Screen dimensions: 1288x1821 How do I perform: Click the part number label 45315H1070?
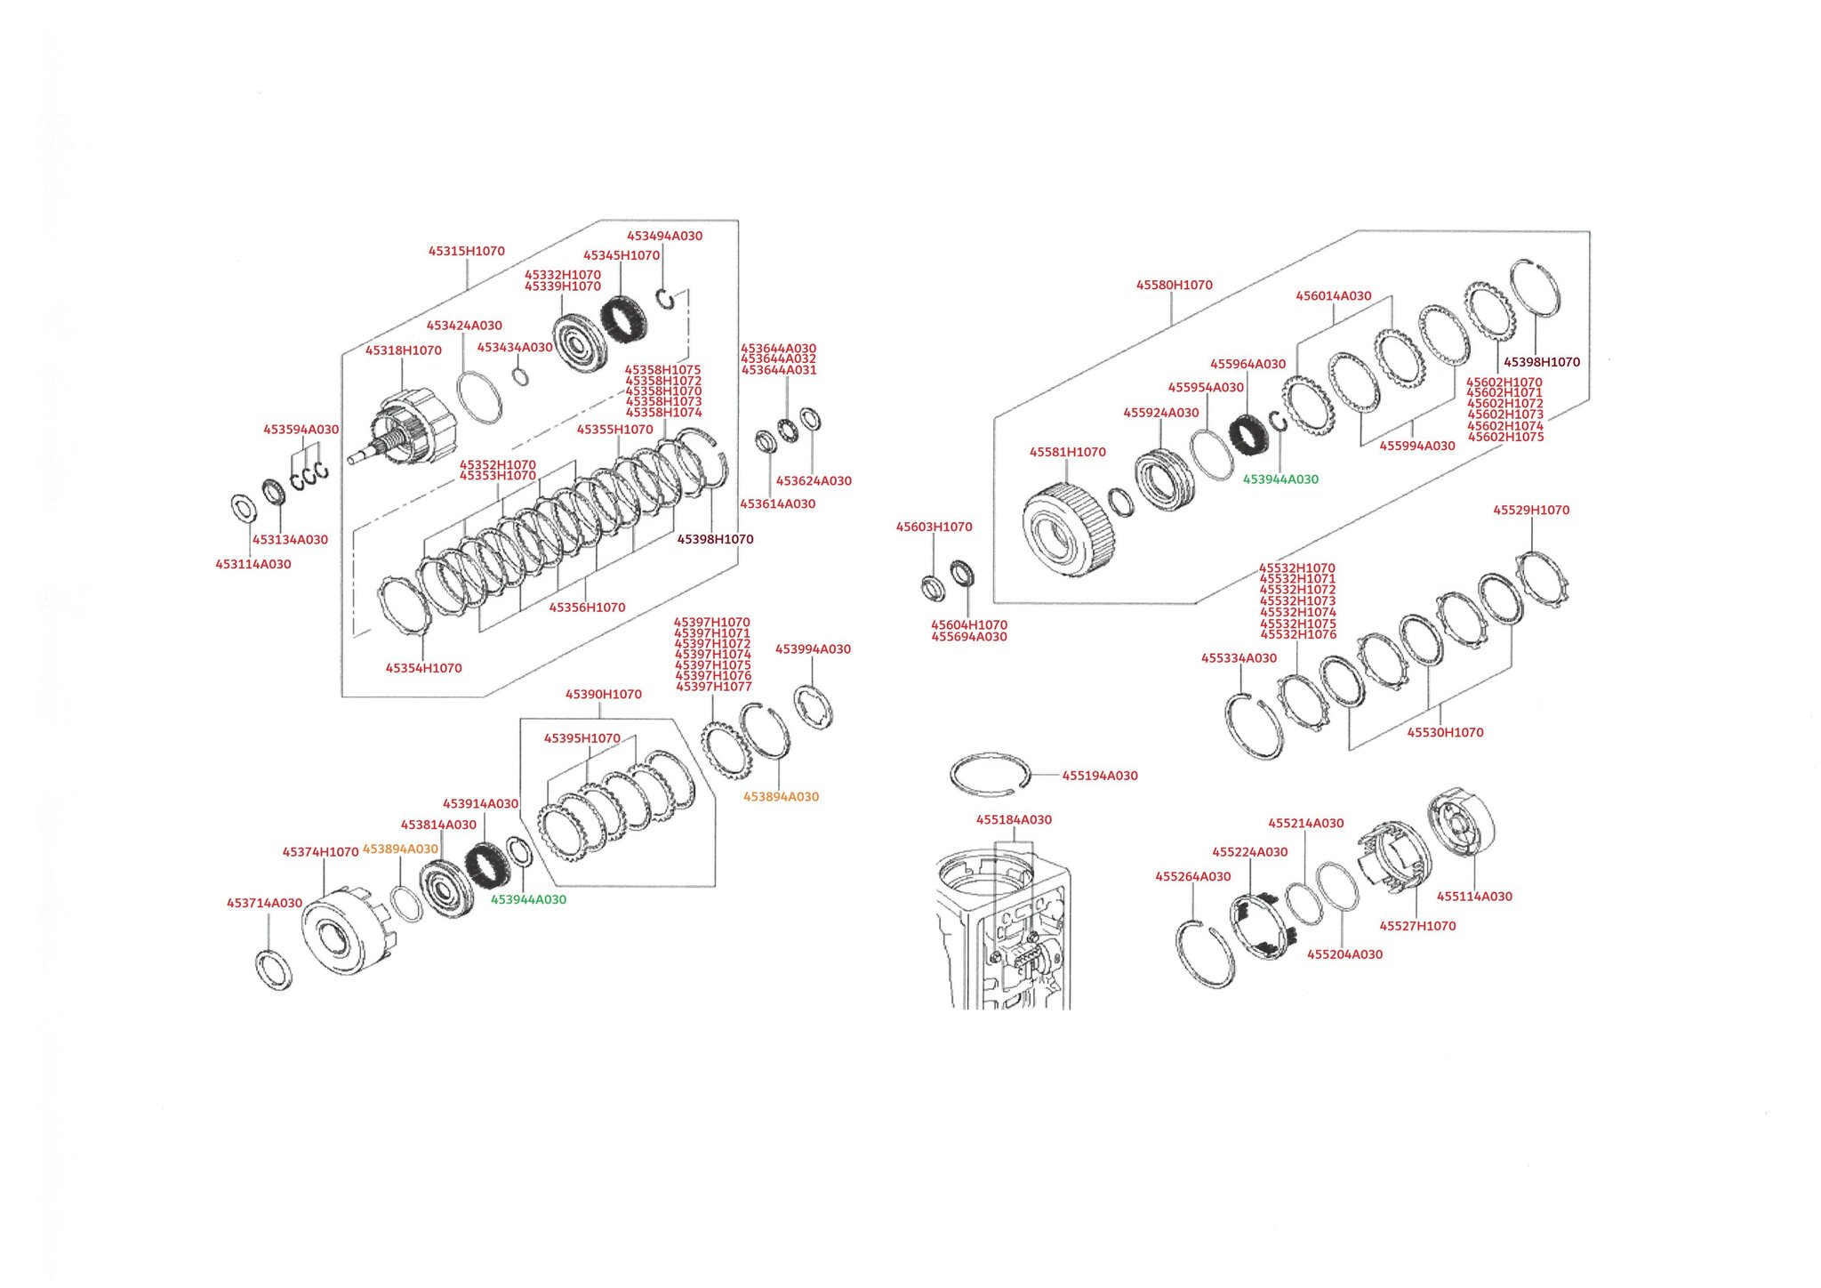click(x=466, y=251)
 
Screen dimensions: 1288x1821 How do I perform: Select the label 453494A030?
click(x=664, y=236)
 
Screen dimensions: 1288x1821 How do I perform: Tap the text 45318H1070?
click(x=403, y=350)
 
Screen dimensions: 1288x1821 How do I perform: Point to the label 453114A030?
click(x=253, y=564)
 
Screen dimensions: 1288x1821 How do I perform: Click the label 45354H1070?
click(x=423, y=668)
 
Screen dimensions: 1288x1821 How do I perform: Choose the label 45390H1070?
click(x=603, y=694)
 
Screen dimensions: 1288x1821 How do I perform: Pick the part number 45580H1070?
click(x=1174, y=285)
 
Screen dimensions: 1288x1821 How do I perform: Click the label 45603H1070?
click(x=934, y=527)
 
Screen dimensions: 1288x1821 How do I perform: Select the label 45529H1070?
click(x=1530, y=510)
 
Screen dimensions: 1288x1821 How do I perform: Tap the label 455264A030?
click(x=1192, y=876)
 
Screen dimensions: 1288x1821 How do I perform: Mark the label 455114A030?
click(x=1473, y=897)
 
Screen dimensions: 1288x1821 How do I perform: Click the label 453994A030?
click(x=813, y=649)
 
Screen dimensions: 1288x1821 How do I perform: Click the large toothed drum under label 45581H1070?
click(x=1064, y=530)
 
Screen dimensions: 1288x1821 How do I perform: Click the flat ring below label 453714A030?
click(x=273, y=970)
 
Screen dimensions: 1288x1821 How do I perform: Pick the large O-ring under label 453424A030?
click(x=478, y=398)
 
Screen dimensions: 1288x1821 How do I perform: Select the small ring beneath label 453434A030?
click(x=521, y=377)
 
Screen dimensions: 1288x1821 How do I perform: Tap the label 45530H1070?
click(x=1444, y=733)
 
